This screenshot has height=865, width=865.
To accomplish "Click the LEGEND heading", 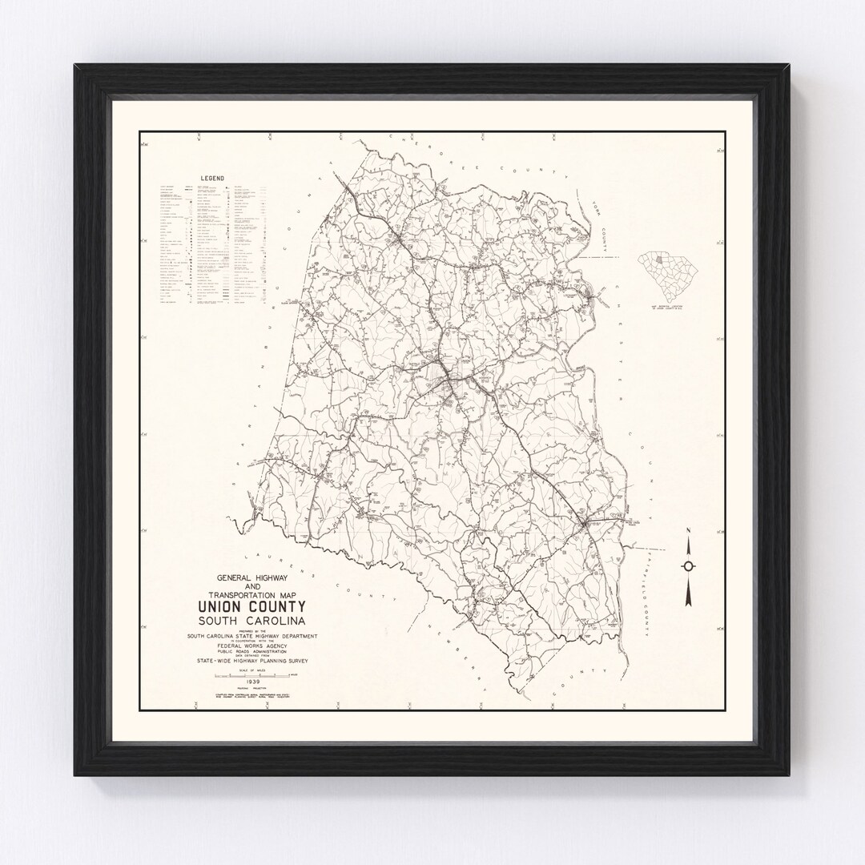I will tap(212, 178).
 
